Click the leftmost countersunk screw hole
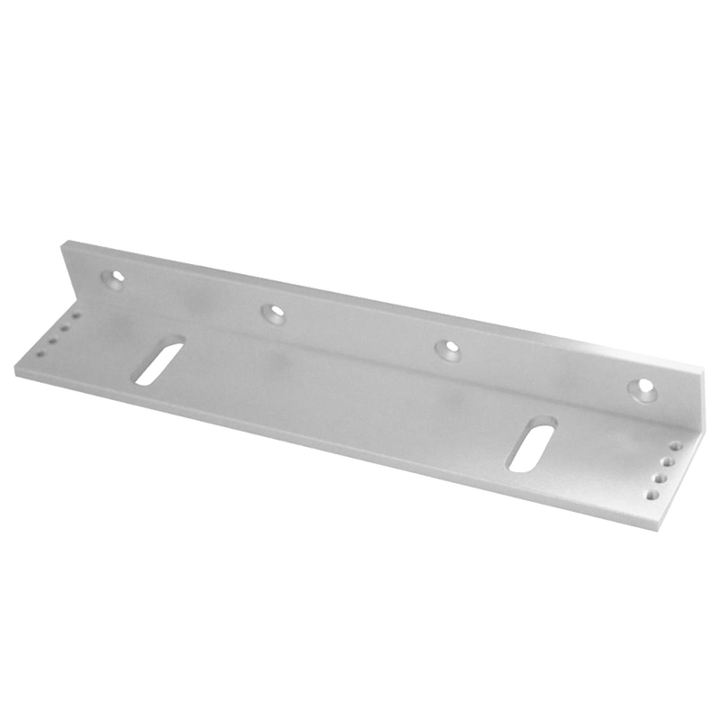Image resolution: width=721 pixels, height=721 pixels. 114,279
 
